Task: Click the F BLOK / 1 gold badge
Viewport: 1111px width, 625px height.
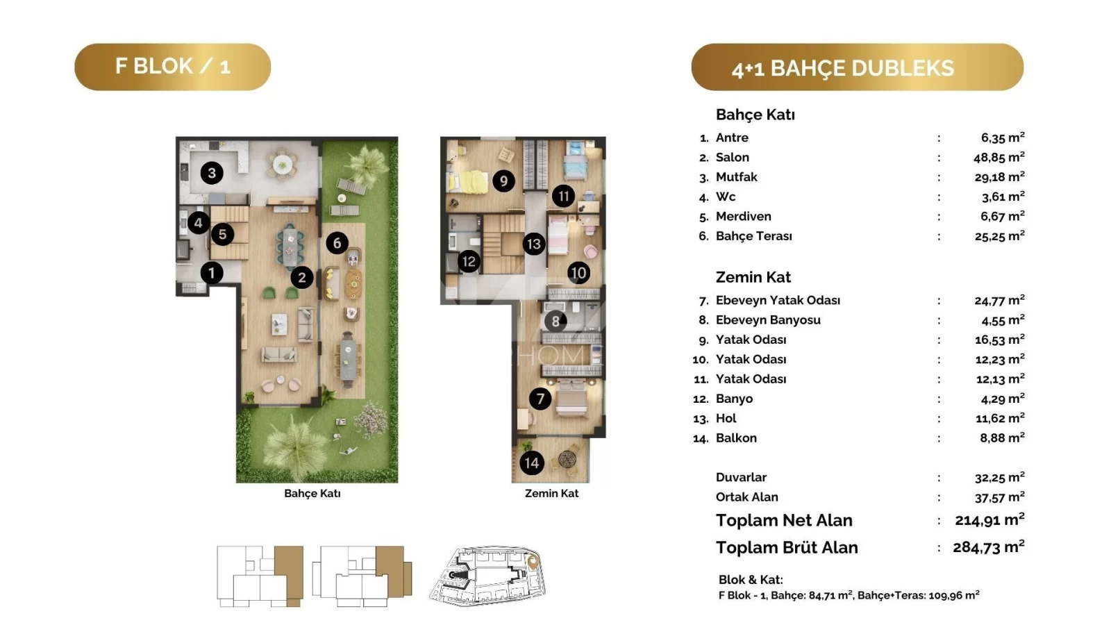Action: click(x=173, y=67)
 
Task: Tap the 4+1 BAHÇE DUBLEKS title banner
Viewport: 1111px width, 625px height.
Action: click(x=858, y=67)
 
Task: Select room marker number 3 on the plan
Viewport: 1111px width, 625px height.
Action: click(x=212, y=173)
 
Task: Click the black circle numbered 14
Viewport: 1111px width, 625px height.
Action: click(x=532, y=462)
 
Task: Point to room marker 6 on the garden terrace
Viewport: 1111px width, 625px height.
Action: click(x=337, y=243)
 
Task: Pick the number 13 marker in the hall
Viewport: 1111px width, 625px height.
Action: click(x=534, y=244)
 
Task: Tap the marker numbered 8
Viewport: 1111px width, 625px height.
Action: click(x=555, y=322)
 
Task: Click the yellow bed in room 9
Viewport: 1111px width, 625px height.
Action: click(x=467, y=181)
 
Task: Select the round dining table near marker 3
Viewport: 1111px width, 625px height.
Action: click(x=282, y=164)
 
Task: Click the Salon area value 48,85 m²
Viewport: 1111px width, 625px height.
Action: click(x=999, y=157)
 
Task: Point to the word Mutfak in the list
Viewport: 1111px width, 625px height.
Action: click(x=737, y=177)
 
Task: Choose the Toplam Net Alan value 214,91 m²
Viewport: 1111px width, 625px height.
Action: click(x=990, y=520)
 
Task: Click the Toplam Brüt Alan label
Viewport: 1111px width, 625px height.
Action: click(x=787, y=548)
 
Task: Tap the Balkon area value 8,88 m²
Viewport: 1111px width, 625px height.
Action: click(x=1003, y=437)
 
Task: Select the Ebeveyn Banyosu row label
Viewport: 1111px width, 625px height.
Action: click(x=768, y=320)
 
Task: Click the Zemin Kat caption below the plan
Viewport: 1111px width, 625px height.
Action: click(x=551, y=493)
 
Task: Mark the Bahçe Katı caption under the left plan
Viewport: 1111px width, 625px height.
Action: click(x=312, y=493)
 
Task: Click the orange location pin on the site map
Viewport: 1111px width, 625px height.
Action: click(x=533, y=562)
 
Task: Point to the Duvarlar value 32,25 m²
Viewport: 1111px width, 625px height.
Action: click(x=1000, y=477)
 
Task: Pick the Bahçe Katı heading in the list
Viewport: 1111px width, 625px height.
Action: click(x=755, y=115)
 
